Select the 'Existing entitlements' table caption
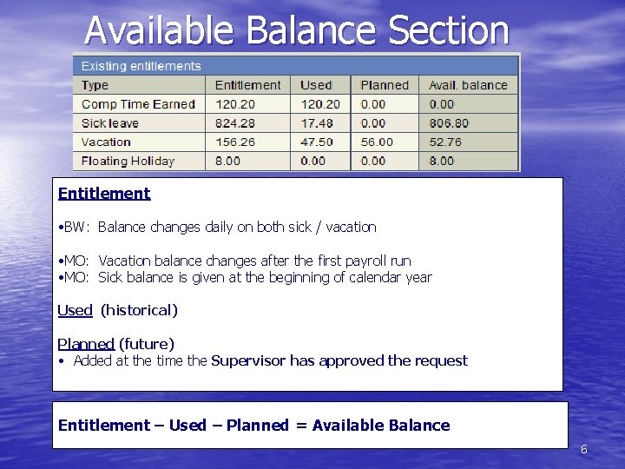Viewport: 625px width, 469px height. (x=141, y=66)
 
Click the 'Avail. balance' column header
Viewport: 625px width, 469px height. (x=468, y=85)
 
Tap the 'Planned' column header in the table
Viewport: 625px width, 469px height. (x=384, y=85)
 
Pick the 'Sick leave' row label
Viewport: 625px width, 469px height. (x=110, y=123)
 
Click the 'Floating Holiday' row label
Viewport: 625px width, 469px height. (x=128, y=161)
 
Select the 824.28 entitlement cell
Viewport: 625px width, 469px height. (x=235, y=123)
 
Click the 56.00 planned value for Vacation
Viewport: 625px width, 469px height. (x=377, y=142)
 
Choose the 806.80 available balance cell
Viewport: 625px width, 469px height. (x=449, y=123)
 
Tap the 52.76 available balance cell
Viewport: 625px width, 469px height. (x=445, y=142)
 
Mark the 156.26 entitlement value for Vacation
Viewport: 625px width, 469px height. (x=235, y=142)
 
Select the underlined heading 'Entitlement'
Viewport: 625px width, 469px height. (x=104, y=194)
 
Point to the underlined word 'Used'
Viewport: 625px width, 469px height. (x=75, y=310)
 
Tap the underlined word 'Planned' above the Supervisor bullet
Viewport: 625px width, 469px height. (x=86, y=344)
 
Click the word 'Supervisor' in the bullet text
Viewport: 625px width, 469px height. (x=248, y=360)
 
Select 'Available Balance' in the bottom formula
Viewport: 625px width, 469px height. (x=381, y=426)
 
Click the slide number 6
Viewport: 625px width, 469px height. (x=584, y=450)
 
